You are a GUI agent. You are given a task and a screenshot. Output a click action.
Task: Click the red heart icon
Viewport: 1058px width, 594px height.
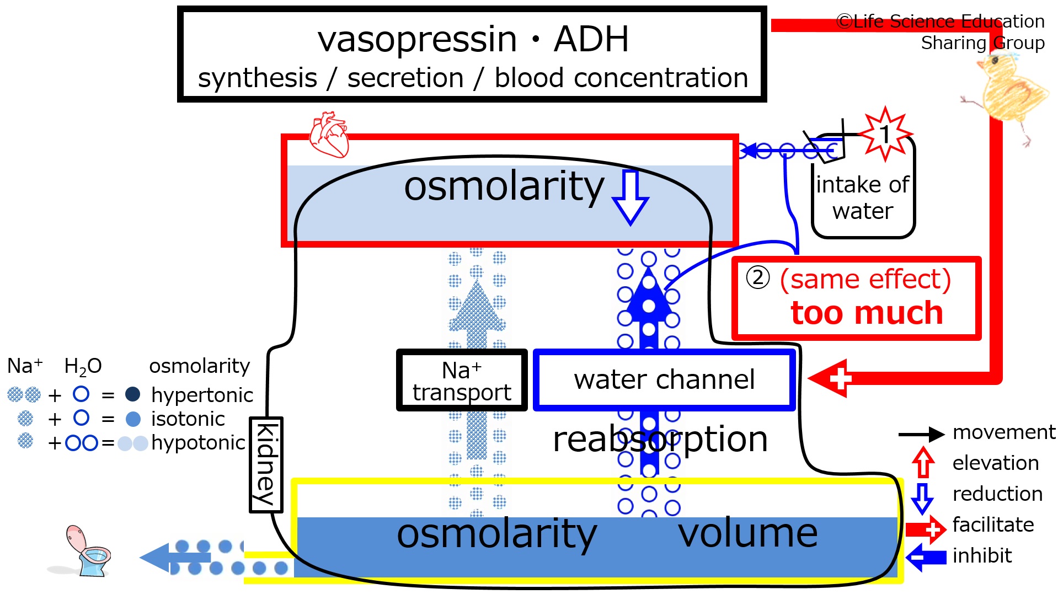pos(329,135)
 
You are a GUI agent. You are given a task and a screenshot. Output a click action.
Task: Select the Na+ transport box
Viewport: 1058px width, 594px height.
pos(462,381)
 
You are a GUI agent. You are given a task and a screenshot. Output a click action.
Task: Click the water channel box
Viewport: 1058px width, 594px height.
pos(664,380)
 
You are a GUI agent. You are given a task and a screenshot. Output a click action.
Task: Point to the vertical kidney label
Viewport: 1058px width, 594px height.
pos(266,465)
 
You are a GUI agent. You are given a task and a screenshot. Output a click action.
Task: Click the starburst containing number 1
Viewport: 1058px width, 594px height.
pos(885,134)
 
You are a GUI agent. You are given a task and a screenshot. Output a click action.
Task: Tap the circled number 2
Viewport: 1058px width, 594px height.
pos(758,277)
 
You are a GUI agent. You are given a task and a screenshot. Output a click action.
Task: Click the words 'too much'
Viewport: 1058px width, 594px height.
pos(867,313)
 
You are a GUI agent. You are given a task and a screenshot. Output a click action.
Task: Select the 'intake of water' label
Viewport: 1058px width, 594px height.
pos(863,197)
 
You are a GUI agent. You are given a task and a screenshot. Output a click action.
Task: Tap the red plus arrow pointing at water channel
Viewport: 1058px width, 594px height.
pos(830,378)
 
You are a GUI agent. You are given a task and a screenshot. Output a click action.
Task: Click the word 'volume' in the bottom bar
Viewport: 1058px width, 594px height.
pos(747,533)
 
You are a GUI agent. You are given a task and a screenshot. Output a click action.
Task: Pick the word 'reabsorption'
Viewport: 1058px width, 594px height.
pos(660,440)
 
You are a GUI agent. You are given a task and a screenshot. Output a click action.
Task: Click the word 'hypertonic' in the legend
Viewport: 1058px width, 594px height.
pos(202,395)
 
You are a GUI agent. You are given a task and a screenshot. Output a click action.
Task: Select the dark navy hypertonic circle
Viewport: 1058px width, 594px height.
pos(132,394)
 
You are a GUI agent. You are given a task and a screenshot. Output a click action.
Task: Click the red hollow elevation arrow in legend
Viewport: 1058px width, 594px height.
pos(922,462)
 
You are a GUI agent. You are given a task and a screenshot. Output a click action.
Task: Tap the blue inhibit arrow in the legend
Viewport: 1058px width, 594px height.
pos(926,557)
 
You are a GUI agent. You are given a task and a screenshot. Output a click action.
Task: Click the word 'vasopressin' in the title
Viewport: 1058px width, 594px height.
pos(417,40)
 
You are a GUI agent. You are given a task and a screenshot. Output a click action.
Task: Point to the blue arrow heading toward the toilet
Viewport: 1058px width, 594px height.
pos(175,558)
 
